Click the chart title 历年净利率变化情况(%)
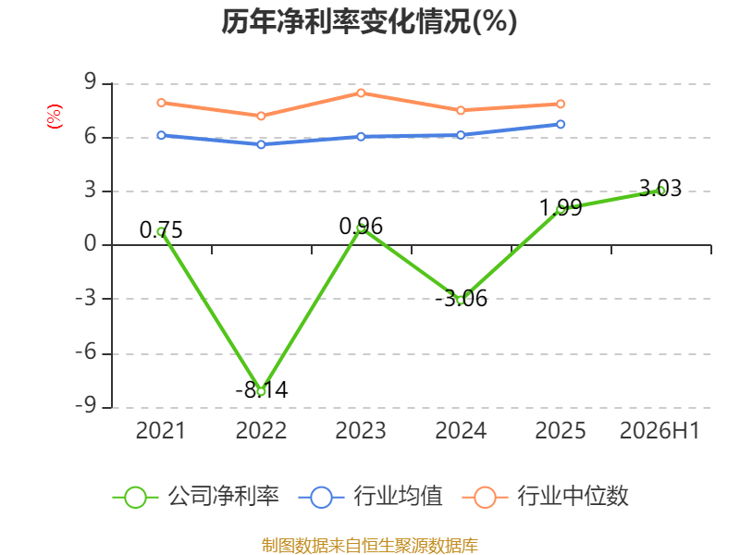point(369,21)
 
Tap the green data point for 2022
point(261,390)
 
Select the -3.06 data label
point(461,298)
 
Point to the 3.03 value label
point(660,189)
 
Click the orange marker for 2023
point(361,93)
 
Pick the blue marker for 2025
point(561,124)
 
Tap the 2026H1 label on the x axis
point(660,430)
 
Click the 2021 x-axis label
point(161,430)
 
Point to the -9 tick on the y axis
point(86,406)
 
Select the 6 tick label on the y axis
point(90,137)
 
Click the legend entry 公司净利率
point(196,497)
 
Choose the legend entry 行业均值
point(371,497)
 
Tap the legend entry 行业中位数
point(545,497)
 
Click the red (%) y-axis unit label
point(55,117)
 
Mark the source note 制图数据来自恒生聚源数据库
point(370,546)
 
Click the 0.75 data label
point(161,229)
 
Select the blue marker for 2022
point(261,144)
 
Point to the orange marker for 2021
point(161,103)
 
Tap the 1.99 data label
point(561,207)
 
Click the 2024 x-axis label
point(461,430)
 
